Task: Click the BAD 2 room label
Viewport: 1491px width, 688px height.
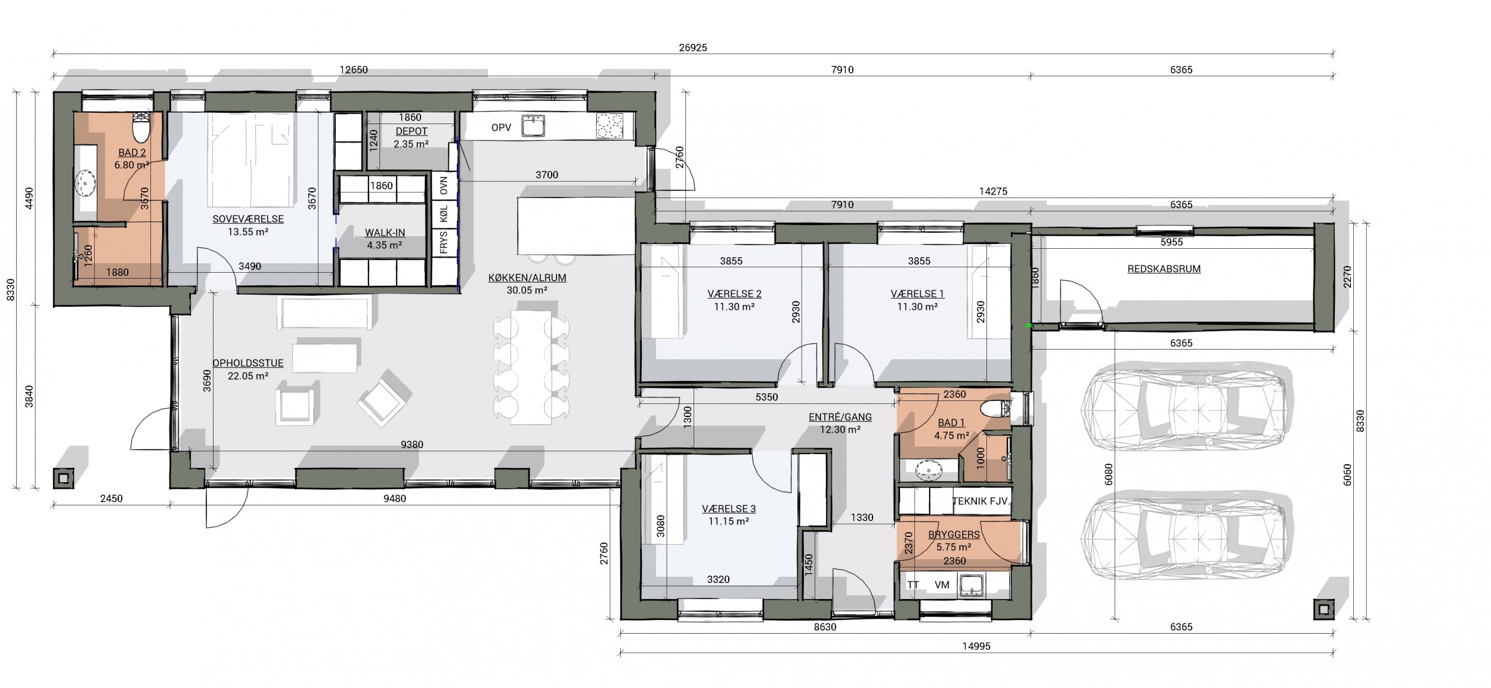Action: click(x=131, y=153)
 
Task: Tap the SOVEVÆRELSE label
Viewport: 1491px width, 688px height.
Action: click(x=248, y=219)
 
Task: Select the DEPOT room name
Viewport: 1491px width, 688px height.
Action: click(x=412, y=131)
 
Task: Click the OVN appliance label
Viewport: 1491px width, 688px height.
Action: click(x=443, y=186)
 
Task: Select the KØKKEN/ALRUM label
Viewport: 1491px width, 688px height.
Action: click(x=527, y=277)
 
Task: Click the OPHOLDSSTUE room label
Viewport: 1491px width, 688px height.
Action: click(x=248, y=363)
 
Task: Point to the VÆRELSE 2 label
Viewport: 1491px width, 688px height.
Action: click(x=734, y=294)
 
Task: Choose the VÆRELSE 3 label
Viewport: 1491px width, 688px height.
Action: click(x=729, y=508)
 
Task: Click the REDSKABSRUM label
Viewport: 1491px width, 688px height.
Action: click(x=1164, y=269)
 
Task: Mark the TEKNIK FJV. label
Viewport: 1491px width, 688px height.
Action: click(x=981, y=501)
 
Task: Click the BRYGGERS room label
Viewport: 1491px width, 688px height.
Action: click(x=954, y=535)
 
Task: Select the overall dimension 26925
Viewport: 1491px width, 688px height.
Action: click(x=692, y=48)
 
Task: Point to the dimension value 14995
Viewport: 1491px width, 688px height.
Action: click(x=976, y=646)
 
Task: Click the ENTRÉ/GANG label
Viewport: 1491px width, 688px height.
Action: click(x=840, y=417)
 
